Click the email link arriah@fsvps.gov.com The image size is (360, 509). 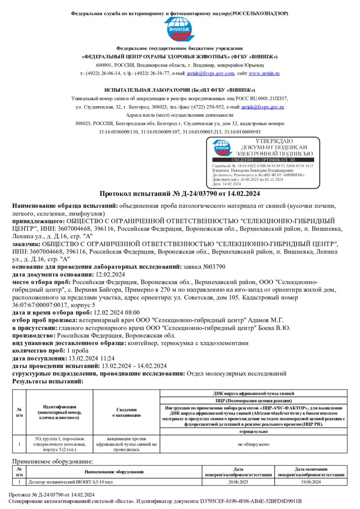pyautogui.click(x=211, y=73)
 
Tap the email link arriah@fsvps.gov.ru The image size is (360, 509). pyautogui.click(x=263, y=107)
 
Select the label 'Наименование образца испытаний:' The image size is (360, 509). pyautogui.click(x=65, y=205)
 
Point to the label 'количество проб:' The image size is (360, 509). pyautogui.click(x=41, y=351)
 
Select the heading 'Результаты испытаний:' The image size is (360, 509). pyautogui.click(x=48, y=381)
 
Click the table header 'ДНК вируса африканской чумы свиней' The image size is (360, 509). pyautogui.click(x=253, y=393)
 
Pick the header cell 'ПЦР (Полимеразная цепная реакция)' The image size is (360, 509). pyautogui.click(x=253, y=400)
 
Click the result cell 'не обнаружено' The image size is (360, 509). pyautogui.click(x=253, y=444)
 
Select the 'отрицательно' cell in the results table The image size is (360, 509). pyautogui.click(x=253, y=432)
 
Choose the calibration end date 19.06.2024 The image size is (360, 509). pyautogui.click(x=311, y=482)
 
